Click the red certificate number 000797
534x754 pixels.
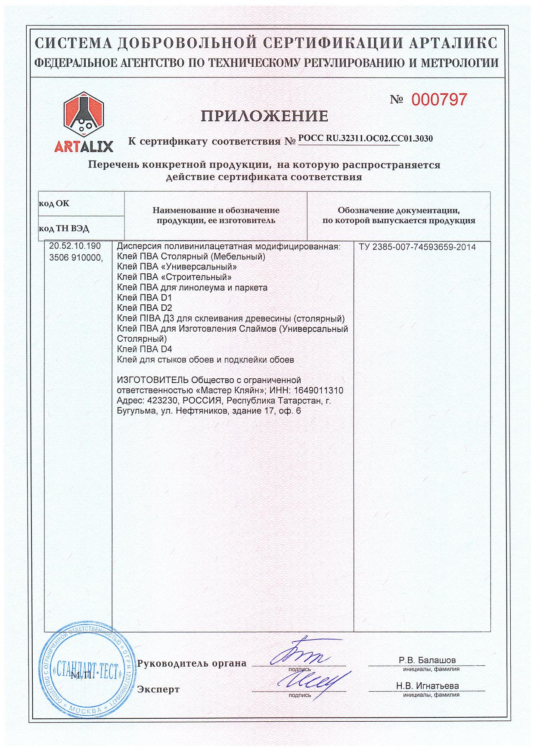click(x=439, y=100)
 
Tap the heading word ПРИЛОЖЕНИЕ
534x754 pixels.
click(x=265, y=116)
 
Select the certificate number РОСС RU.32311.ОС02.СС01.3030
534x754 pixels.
click(x=366, y=138)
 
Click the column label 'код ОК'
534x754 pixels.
click(x=54, y=204)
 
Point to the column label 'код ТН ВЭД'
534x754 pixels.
click(x=64, y=229)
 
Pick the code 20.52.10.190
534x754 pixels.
click(x=75, y=246)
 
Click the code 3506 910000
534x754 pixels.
click(x=76, y=257)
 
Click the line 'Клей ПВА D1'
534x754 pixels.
click(x=139, y=298)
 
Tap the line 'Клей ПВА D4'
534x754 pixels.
click(x=139, y=349)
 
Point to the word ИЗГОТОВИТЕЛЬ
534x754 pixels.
click(x=152, y=380)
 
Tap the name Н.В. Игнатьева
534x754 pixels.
click(x=427, y=686)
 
